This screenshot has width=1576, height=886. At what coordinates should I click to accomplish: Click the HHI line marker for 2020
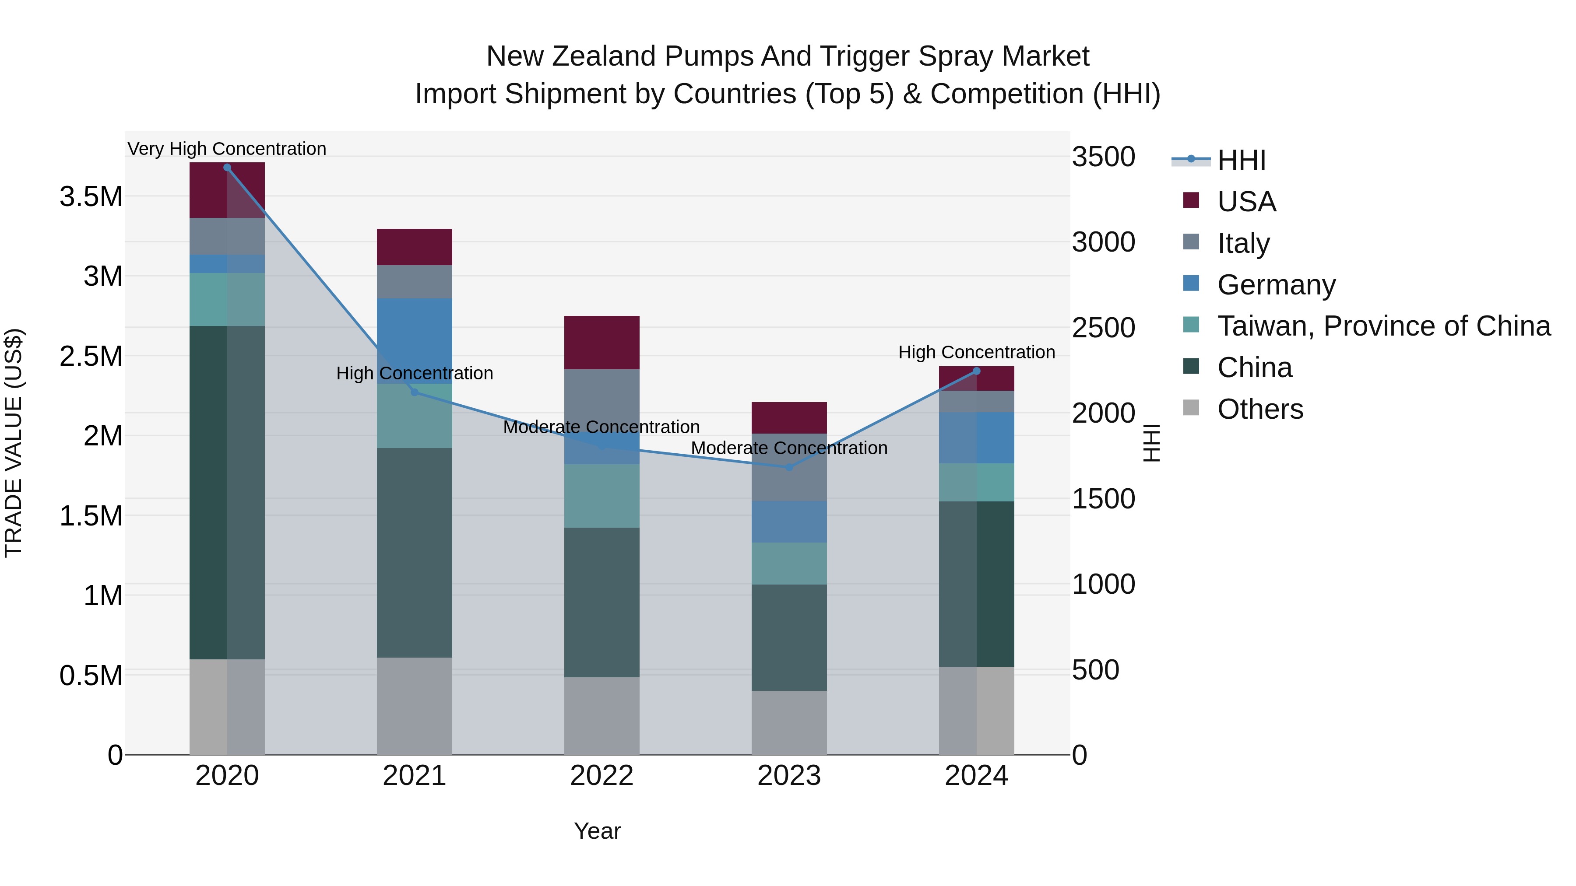[x=227, y=168]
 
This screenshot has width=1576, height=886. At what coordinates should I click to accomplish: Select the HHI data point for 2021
[x=414, y=392]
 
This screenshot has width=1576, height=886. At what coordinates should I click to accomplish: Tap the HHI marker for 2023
[x=788, y=467]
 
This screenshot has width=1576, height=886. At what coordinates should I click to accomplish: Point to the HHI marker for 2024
[x=976, y=371]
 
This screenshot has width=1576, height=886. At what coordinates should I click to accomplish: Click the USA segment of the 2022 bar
[x=602, y=343]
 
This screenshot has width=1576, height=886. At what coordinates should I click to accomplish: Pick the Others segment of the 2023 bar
[x=788, y=722]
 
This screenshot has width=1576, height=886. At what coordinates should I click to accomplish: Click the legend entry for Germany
[x=1276, y=285]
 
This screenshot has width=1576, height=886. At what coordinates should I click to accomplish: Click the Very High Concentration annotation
[x=227, y=149]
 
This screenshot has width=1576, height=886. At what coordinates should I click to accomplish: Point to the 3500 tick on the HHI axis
[x=1103, y=157]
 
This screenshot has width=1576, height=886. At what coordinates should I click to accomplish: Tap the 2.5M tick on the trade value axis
[x=91, y=356]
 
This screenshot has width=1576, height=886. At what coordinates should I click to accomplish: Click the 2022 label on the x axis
[x=602, y=776]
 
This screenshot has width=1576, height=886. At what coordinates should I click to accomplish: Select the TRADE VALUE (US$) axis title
[x=14, y=443]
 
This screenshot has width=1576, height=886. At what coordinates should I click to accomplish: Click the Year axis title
[x=597, y=831]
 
